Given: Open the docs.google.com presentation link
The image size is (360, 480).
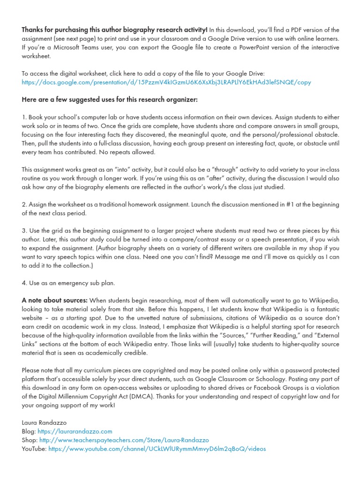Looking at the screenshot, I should pos(166,82).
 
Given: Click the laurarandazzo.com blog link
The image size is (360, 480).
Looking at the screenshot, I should pos(75,431).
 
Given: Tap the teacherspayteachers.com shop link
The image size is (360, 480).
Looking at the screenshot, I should pos(124,440).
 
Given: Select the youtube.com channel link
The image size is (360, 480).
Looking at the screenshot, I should pos(157,449).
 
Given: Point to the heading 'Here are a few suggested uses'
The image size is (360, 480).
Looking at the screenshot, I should pos(110,100).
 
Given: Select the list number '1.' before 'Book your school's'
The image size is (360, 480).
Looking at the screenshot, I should pos(24,117).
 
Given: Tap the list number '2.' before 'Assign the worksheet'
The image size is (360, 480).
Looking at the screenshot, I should pos(24,205).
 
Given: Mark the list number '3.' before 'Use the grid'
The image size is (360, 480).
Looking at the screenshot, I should pos(24,231).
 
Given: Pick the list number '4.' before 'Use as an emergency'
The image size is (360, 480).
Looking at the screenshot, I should pos(24,283).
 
